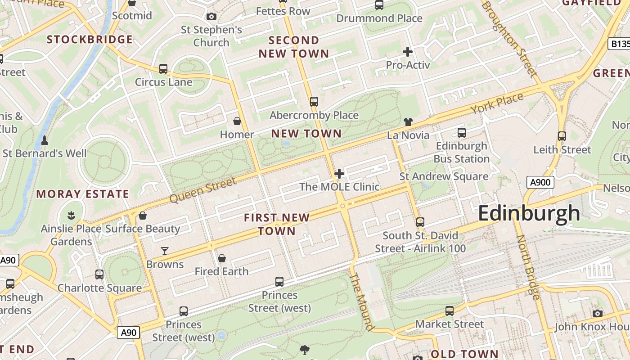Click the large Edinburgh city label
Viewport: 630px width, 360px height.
pos(529,213)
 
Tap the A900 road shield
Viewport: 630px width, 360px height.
pos(540,182)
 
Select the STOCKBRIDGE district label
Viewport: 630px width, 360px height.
pos(90,40)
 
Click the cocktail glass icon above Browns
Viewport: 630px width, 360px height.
pos(165,251)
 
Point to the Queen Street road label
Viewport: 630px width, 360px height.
pos(203,190)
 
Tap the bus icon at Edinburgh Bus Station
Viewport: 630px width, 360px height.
pos(462,133)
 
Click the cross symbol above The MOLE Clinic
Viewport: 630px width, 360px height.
pos(339,174)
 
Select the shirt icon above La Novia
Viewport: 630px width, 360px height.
pos(408,121)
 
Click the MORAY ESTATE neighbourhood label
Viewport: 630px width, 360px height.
pos(83,194)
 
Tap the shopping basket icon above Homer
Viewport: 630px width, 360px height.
pos(237,121)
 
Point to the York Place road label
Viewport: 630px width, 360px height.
pos(497,103)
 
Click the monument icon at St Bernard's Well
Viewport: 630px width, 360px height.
pos(45,140)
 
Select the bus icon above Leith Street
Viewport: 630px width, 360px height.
pos(562,136)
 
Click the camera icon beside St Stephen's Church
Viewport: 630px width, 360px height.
pos(211,17)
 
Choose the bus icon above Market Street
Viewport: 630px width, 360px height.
pos(450,310)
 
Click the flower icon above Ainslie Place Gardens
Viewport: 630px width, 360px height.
pos(71,215)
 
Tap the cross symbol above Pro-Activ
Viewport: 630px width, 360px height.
pos(408,52)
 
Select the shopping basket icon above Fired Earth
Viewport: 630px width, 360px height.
pos(222,258)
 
